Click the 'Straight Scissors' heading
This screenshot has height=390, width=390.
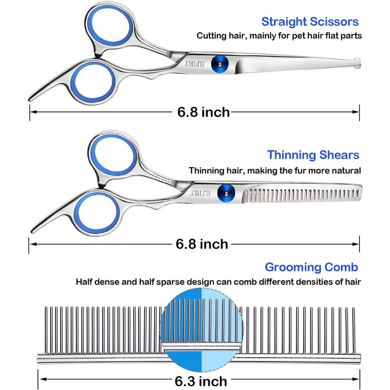click(x=310, y=22)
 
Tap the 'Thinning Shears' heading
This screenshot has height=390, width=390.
click(x=313, y=155)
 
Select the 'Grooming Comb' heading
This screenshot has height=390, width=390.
click(x=311, y=267)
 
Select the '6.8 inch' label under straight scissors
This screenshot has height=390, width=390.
click(x=203, y=112)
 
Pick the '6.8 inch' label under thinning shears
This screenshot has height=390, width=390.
click(x=202, y=244)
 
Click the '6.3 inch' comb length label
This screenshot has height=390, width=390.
click(x=201, y=381)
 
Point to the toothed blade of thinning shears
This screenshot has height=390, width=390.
click(x=301, y=195)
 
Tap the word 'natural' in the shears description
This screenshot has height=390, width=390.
click(x=345, y=170)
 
